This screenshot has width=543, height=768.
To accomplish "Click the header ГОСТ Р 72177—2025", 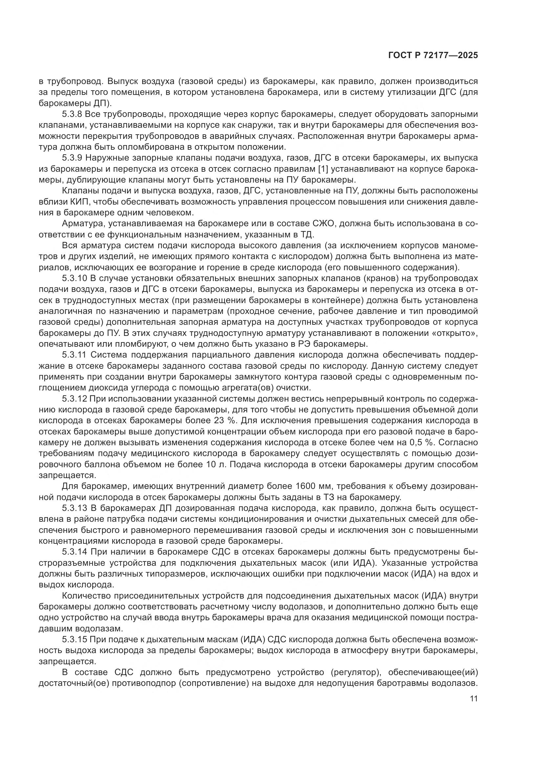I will tap(433, 55).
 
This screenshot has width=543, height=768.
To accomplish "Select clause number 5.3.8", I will tap(72, 114).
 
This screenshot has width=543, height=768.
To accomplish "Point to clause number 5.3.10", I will tap(74, 279).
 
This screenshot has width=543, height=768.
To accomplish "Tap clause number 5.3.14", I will tap(74, 552).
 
